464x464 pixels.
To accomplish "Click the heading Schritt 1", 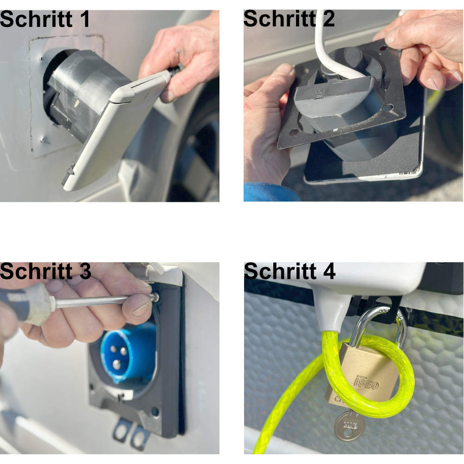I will point(45,19).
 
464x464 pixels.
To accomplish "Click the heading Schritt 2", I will point(289,19).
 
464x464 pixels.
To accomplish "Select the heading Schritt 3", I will point(45,271).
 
